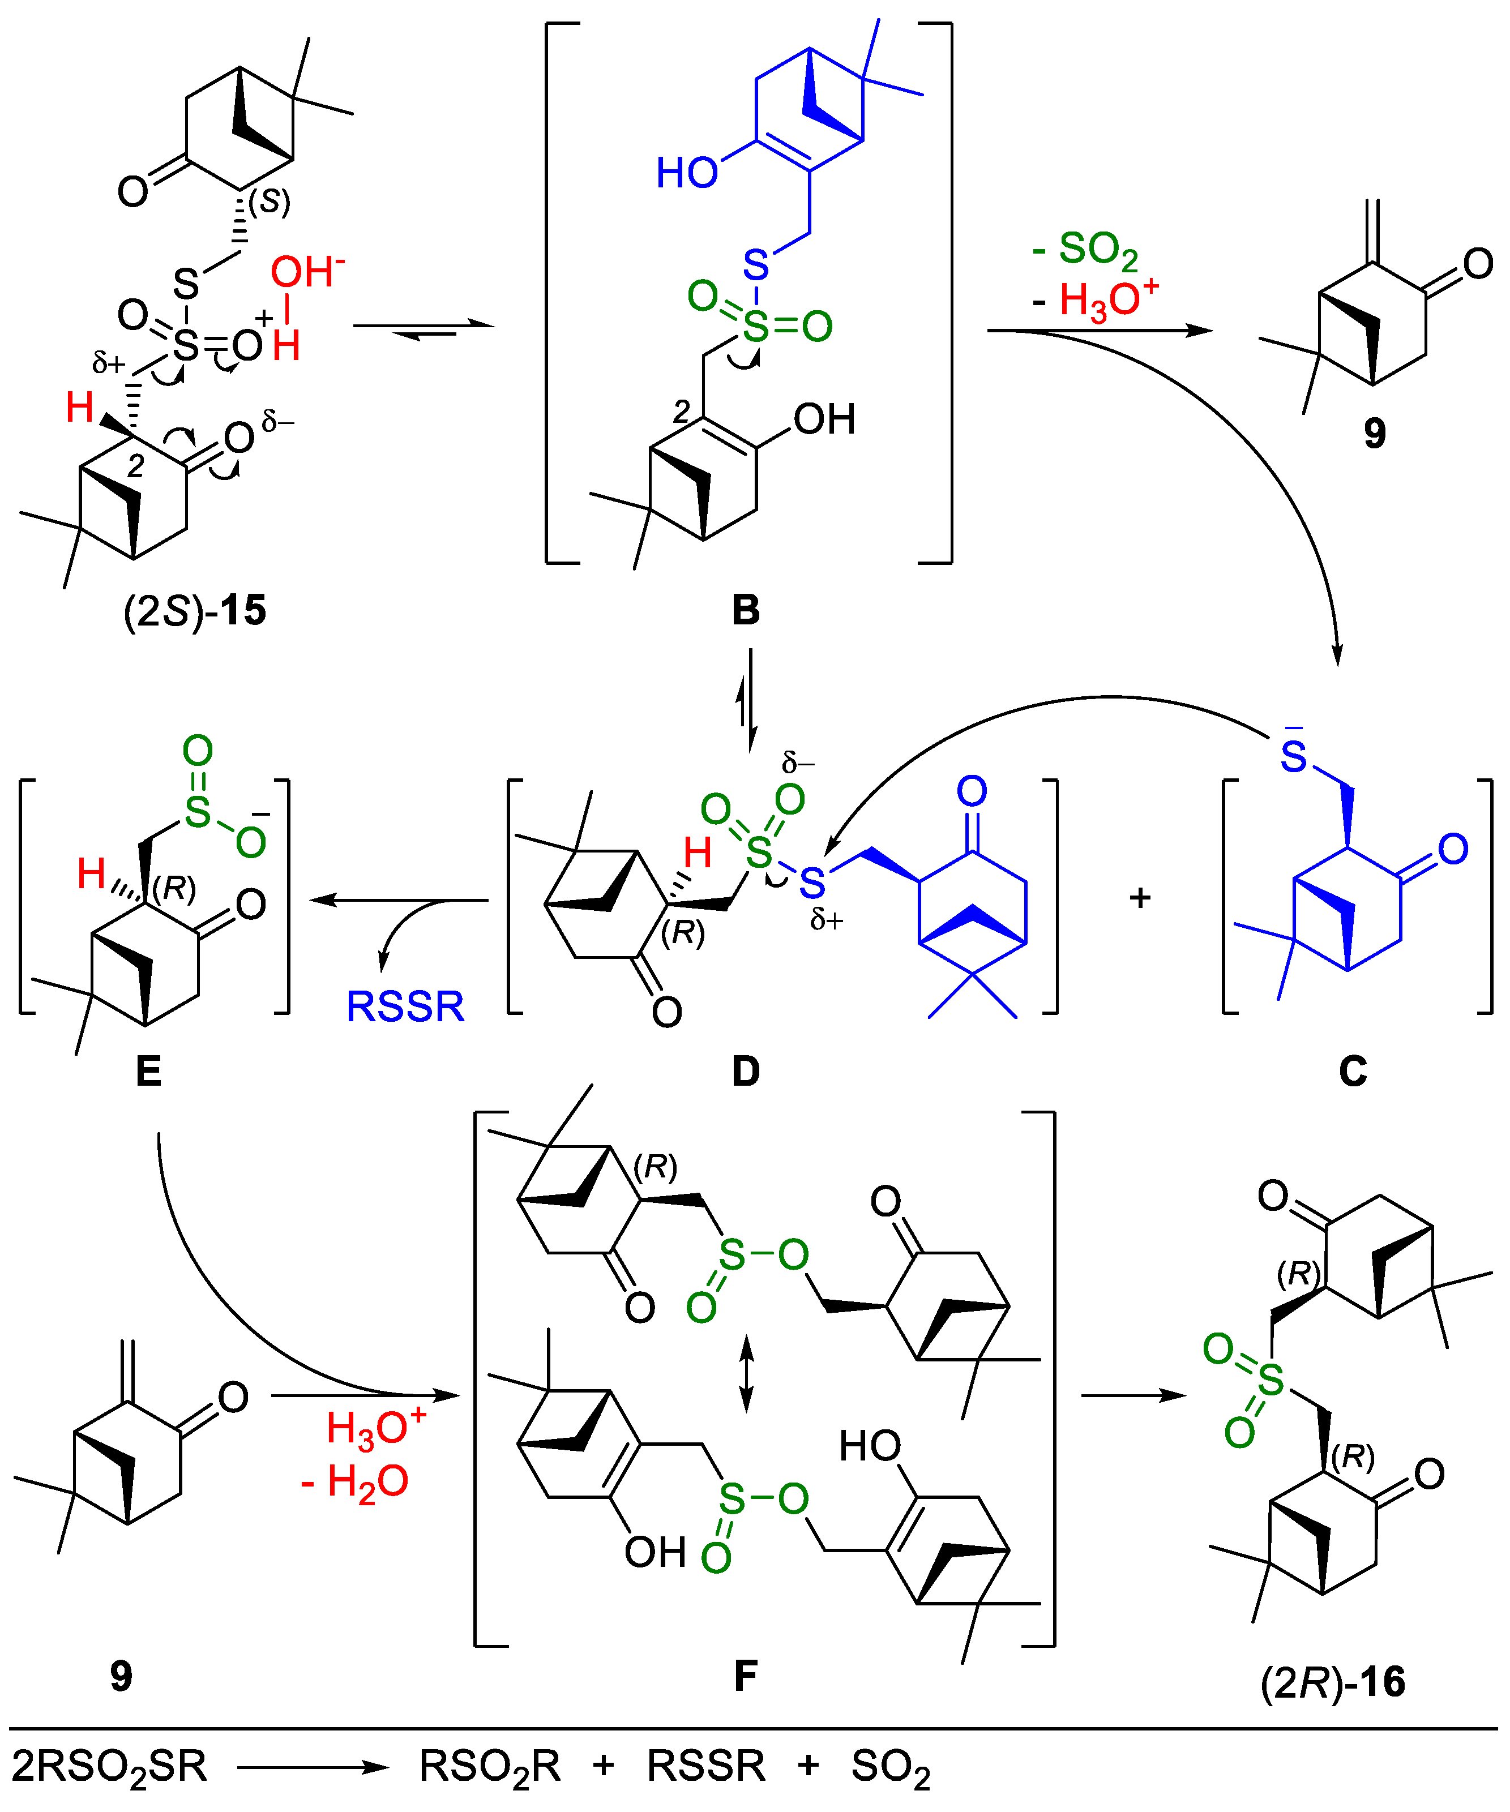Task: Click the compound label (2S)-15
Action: pyautogui.click(x=195, y=611)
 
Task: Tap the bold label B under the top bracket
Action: pyautogui.click(x=746, y=610)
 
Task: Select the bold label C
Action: pyautogui.click(x=1352, y=1072)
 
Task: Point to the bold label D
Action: pyautogui.click(x=746, y=1072)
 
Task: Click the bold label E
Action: pyautogui.click(x=148, y=1072)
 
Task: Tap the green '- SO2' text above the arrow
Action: pyautogui.click(x=1085, y=250)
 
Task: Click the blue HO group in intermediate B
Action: pyautogui.click(x=687, y=173)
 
